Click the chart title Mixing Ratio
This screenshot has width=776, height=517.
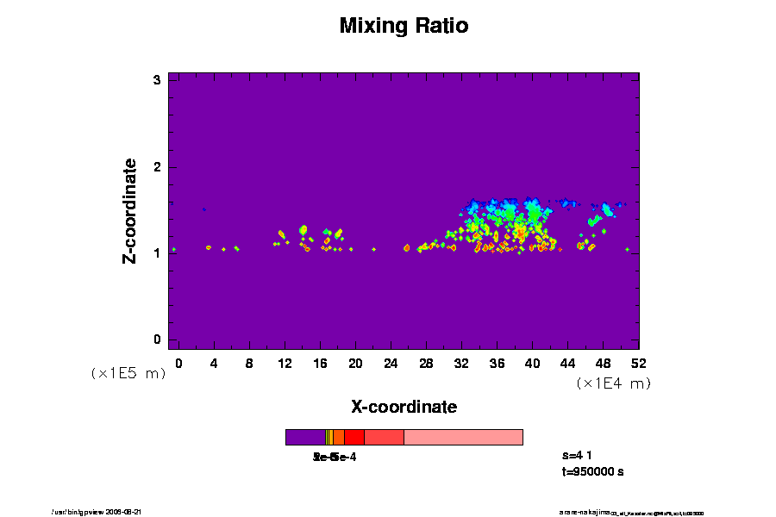click(x=404, y=26)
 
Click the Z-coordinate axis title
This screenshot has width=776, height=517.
click(x=130, y=209)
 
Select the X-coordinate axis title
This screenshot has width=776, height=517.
click(x=404, y=407)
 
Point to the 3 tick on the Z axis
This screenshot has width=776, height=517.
click(x=158, y=80)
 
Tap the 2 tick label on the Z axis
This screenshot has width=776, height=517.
click(x=158, y=166)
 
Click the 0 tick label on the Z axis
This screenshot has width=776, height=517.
click(x=158, y=339)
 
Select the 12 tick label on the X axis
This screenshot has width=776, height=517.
click(x=285, y=363)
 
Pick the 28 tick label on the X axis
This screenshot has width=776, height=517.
click(x=426, y=363)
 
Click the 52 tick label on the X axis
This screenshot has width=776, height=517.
click(x=638, y=363)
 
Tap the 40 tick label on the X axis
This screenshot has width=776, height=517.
click(x=532, y=363)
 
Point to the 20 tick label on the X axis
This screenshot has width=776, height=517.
click(x=355, y=363)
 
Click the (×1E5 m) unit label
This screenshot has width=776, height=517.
click(x=128, y=373)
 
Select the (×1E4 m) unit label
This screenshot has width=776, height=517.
click(x=613, y=383)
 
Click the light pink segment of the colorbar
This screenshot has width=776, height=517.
click(x=463, y=437)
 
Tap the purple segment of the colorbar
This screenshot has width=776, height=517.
click(x=305, y=437)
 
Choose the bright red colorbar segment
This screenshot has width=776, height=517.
click(x=354, y=437)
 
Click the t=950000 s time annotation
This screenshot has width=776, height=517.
click(x=592, y=471)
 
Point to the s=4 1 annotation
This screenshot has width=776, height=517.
click(x=578, y=455)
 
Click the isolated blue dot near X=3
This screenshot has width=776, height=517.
click(x=204, y=209)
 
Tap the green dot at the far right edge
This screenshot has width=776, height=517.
click(x=627, y=249)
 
